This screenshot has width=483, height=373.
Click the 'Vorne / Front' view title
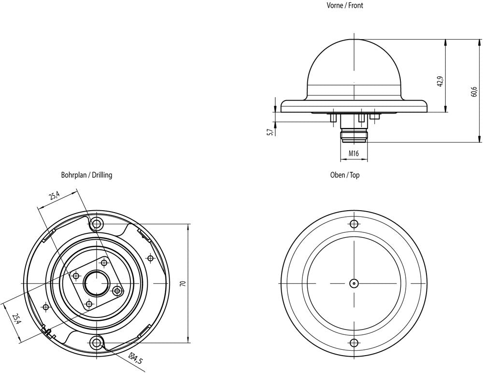click(345, 5)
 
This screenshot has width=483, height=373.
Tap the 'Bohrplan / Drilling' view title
click(86, 175)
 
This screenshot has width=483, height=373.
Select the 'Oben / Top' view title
click(345, 175)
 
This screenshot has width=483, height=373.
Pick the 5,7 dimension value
click(270, 132)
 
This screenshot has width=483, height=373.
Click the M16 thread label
click(354, 153)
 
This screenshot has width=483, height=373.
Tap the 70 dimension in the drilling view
click(183, 284)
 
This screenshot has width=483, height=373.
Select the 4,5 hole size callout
click(137, 359)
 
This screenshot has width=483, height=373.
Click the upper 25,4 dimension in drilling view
click(54, 196)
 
